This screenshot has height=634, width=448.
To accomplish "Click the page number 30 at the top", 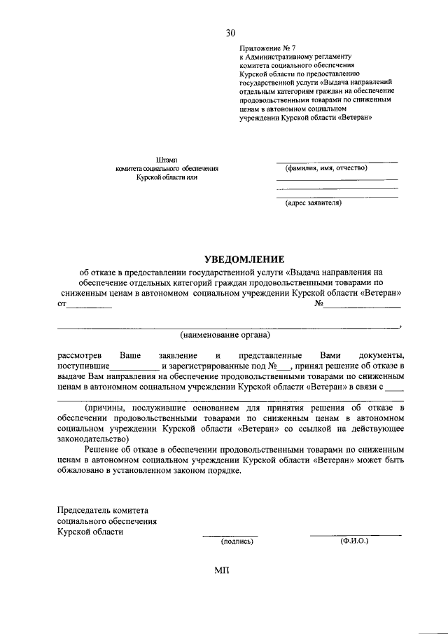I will (231, 33).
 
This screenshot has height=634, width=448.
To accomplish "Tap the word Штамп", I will (167, 160).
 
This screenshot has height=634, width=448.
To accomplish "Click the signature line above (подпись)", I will (230, 535).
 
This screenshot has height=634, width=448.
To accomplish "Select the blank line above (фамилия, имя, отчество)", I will (337, 162).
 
